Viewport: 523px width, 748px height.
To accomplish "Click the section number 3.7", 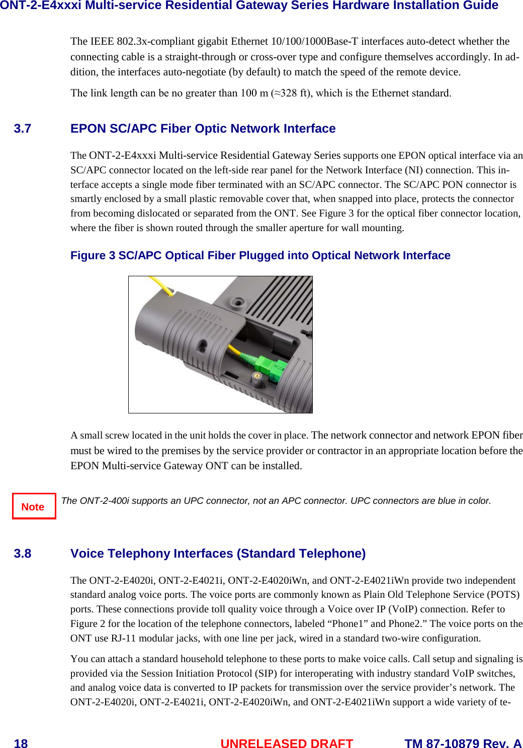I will click(x=23, y=129).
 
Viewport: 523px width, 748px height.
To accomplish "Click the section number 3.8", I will click(x=23, y=554).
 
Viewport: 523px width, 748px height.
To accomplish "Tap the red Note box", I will click(x=34, y=506).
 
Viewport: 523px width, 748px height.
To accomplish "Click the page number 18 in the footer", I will click(x=21, y=743).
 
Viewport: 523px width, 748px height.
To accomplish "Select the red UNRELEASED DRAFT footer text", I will click(x=287, y=743).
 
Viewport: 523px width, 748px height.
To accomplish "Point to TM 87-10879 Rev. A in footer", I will click(x=463, y=743).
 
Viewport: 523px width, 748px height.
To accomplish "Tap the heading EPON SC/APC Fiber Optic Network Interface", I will click(x=203, y=129).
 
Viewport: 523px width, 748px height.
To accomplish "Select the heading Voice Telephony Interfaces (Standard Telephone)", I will click(x=218, y=554).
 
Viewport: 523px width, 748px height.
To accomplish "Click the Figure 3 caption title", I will click(x=260, y=256).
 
